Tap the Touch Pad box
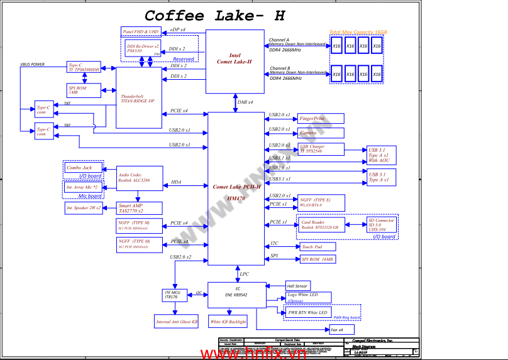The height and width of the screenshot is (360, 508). pyautogui.click(x=317, y=247)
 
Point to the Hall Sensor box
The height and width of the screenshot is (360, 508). pyautogui.click(x=300, y=286)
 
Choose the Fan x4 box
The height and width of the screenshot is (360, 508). pyautogui.click(x=336, y=330)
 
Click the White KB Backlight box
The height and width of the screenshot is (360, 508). pyautogui.click(x=228, y=322)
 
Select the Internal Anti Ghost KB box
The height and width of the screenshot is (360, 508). pyautogui.click(x=177, y=322)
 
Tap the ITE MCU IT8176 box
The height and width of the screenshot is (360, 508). pyautogui.click(x=174, y=295)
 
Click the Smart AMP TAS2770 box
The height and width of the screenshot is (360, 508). pyautogui.click(x=140, y=208)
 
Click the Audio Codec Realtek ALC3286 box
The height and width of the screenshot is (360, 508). pyautogui.click(x=140, y=179)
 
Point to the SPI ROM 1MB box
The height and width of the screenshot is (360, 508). pyautogui.click(x=84, y=90)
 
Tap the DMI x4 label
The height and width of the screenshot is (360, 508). pyautogui.click(x=245, y=102)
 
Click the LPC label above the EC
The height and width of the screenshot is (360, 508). pyautogui.click(x=245, y=274)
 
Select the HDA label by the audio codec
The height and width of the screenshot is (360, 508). pyautogui.click(x=176, y=183)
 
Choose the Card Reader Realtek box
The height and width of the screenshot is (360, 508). pyautogui.click(x=324, y=224)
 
